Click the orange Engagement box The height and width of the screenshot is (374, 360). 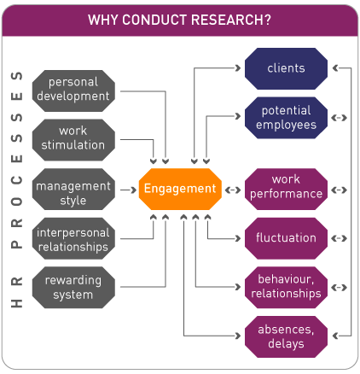tap(180, 189)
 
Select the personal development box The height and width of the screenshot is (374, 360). tap(73, 91)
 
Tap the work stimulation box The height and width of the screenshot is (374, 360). tap(73, 140)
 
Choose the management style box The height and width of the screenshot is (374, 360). tap(73, 189)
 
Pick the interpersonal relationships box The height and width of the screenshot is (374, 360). tap(73, 238)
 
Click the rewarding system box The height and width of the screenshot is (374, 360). tap(73, 287)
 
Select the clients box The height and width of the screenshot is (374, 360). tap(286, 68)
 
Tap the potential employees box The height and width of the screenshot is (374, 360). tap(286, 118)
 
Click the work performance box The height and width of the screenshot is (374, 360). tap(286, 189)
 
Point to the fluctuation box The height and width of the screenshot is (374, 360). tap(286, 238)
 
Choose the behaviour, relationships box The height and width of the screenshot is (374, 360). tap(286, 287)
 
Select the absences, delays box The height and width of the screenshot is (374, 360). tap(286, 336)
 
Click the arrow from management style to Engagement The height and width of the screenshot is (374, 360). tap(128, 190)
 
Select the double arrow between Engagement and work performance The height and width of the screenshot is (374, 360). tap(233, 190)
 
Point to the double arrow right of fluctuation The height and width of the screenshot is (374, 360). tap(339, 238)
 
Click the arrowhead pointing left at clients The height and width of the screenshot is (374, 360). tap(335, 68)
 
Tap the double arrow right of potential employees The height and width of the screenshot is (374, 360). tap(339, 118)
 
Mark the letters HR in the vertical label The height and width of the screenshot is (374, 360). tap(17, 292)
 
